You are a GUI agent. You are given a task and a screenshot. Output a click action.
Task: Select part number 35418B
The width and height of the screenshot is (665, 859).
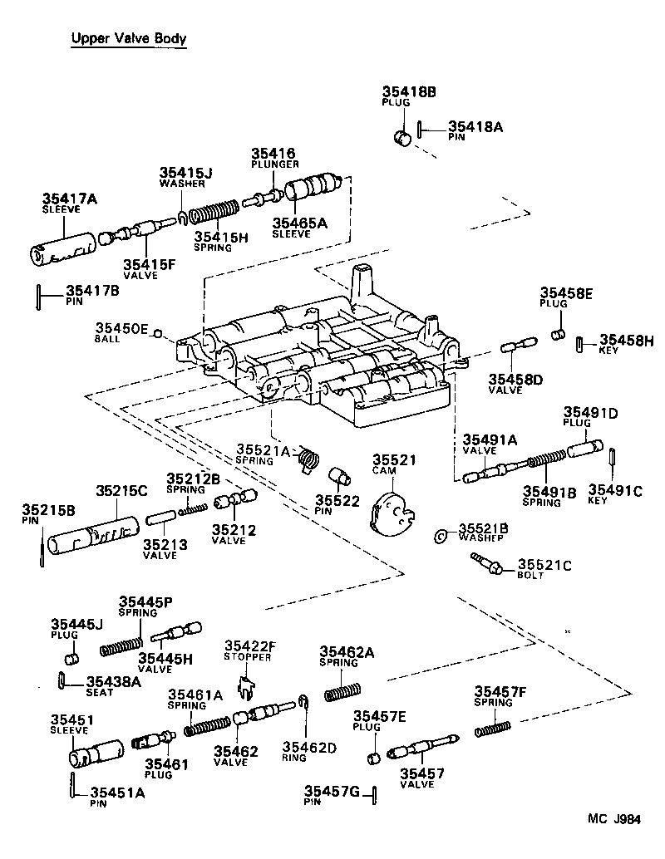click(408, 92)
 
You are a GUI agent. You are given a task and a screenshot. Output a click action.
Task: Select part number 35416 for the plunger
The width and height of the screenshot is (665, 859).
click(273, 155)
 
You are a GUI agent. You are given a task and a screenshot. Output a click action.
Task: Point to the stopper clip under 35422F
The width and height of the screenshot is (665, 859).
click(244, 685)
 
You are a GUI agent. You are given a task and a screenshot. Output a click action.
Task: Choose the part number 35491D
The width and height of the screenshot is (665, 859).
click(591, 412)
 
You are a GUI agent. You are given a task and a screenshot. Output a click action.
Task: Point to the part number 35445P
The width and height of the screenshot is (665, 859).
click(145, 601)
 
